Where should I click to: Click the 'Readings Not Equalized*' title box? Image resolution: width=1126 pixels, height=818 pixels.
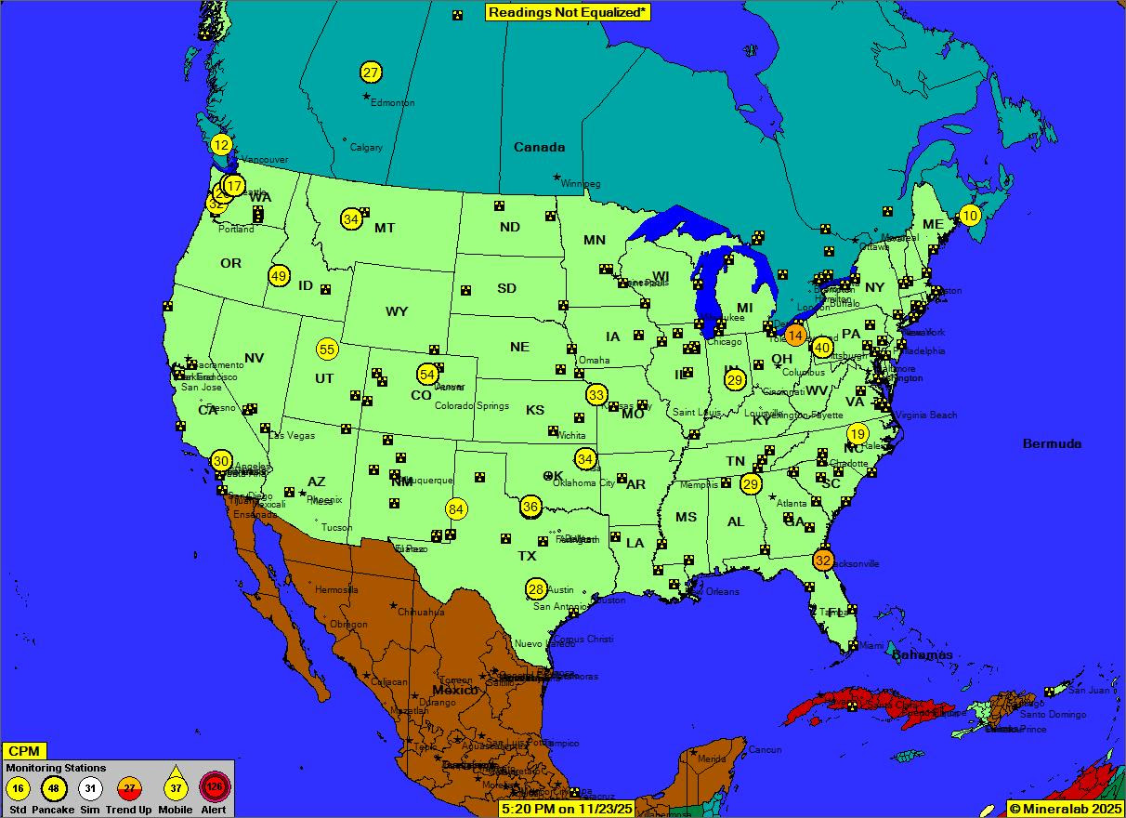point(568,12)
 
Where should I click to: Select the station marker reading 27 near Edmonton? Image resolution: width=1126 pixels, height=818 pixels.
point(371,72)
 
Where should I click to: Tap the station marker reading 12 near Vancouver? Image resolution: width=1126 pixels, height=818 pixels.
point(221,145)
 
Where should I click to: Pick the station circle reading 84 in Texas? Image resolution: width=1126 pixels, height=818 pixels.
point(456,509)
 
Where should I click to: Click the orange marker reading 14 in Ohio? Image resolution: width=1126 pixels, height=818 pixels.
point(795,336)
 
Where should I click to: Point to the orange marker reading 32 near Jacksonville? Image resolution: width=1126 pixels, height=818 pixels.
point(823,561)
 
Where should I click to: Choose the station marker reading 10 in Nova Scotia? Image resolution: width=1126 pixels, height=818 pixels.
point(970,216)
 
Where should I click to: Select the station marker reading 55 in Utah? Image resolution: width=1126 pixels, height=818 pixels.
point(327,350)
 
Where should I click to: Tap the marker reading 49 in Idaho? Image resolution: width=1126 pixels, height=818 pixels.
point(279,276)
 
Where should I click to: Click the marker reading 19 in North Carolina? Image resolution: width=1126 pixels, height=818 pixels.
point(858,434)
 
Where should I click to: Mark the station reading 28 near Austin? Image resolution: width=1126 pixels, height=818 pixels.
point(536,589)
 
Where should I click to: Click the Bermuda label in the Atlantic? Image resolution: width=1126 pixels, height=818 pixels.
point(1052,443)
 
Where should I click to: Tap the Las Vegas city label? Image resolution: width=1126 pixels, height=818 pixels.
point(292,435)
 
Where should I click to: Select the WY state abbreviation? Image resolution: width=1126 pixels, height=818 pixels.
point(397,311)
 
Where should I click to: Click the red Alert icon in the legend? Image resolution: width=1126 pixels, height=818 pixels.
point(215,788)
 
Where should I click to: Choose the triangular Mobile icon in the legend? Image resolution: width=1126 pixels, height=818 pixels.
point(176,786)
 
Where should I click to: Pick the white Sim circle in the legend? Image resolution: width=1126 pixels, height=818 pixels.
point(90,788)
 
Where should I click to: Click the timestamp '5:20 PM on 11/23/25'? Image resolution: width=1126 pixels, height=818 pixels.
point(567,809)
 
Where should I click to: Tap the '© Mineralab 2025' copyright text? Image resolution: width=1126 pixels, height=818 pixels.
point(1065,809)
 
